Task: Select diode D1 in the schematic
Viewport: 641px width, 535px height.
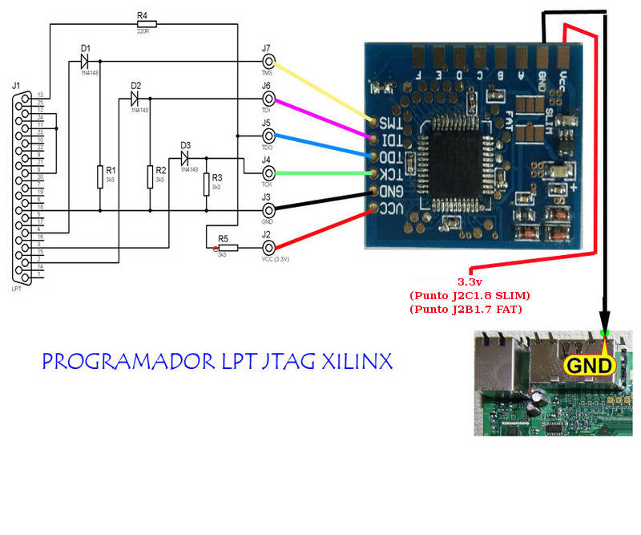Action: pyautogui.click(x=84, y=60)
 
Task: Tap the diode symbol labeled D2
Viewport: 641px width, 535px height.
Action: pyautogui.click(x=135, y=98)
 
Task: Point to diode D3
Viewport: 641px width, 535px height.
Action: pyautogui.click(x=185, y=158)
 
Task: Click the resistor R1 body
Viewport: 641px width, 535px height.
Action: pyautogui.click(x=100, y=176)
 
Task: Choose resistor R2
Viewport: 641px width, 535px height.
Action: pyautogui.click(x=150, y=176)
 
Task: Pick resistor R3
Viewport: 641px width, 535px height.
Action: pyautogui.click(x=207, y=184)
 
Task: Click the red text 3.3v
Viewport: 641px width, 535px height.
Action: pyautogui.click(x=470, y=282)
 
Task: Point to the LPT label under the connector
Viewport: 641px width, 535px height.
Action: pyautogui.click(x=18, y=288)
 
